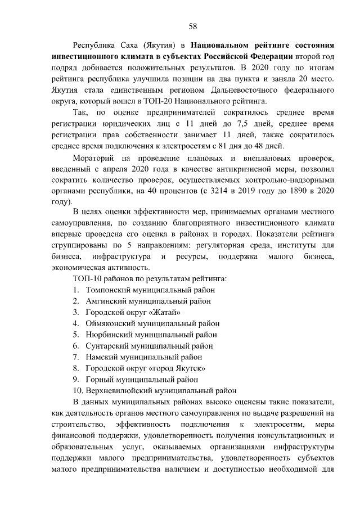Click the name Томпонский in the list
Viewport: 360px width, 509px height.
coord(108,290)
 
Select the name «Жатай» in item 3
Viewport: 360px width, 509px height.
coord(166,312)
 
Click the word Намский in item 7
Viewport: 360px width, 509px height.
coord(101,357)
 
